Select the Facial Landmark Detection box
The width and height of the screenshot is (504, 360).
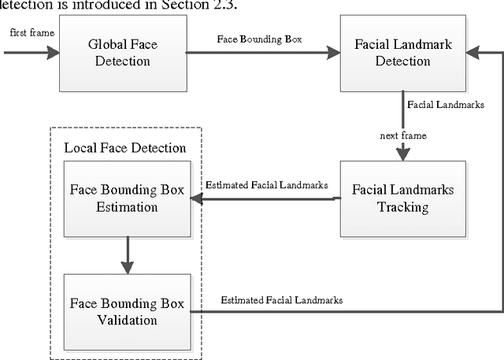point(402,53)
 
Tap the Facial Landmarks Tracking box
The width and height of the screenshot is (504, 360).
point(402,199)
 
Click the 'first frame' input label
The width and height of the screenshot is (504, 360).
point(26,33)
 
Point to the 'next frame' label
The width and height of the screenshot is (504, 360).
point(403,136)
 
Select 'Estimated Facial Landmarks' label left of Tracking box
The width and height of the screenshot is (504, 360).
point(266,185)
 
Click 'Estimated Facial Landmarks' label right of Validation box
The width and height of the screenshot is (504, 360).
point(281,300)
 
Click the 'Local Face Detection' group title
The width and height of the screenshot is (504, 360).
point(124,148)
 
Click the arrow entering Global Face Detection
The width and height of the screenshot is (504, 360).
point(31,53)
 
